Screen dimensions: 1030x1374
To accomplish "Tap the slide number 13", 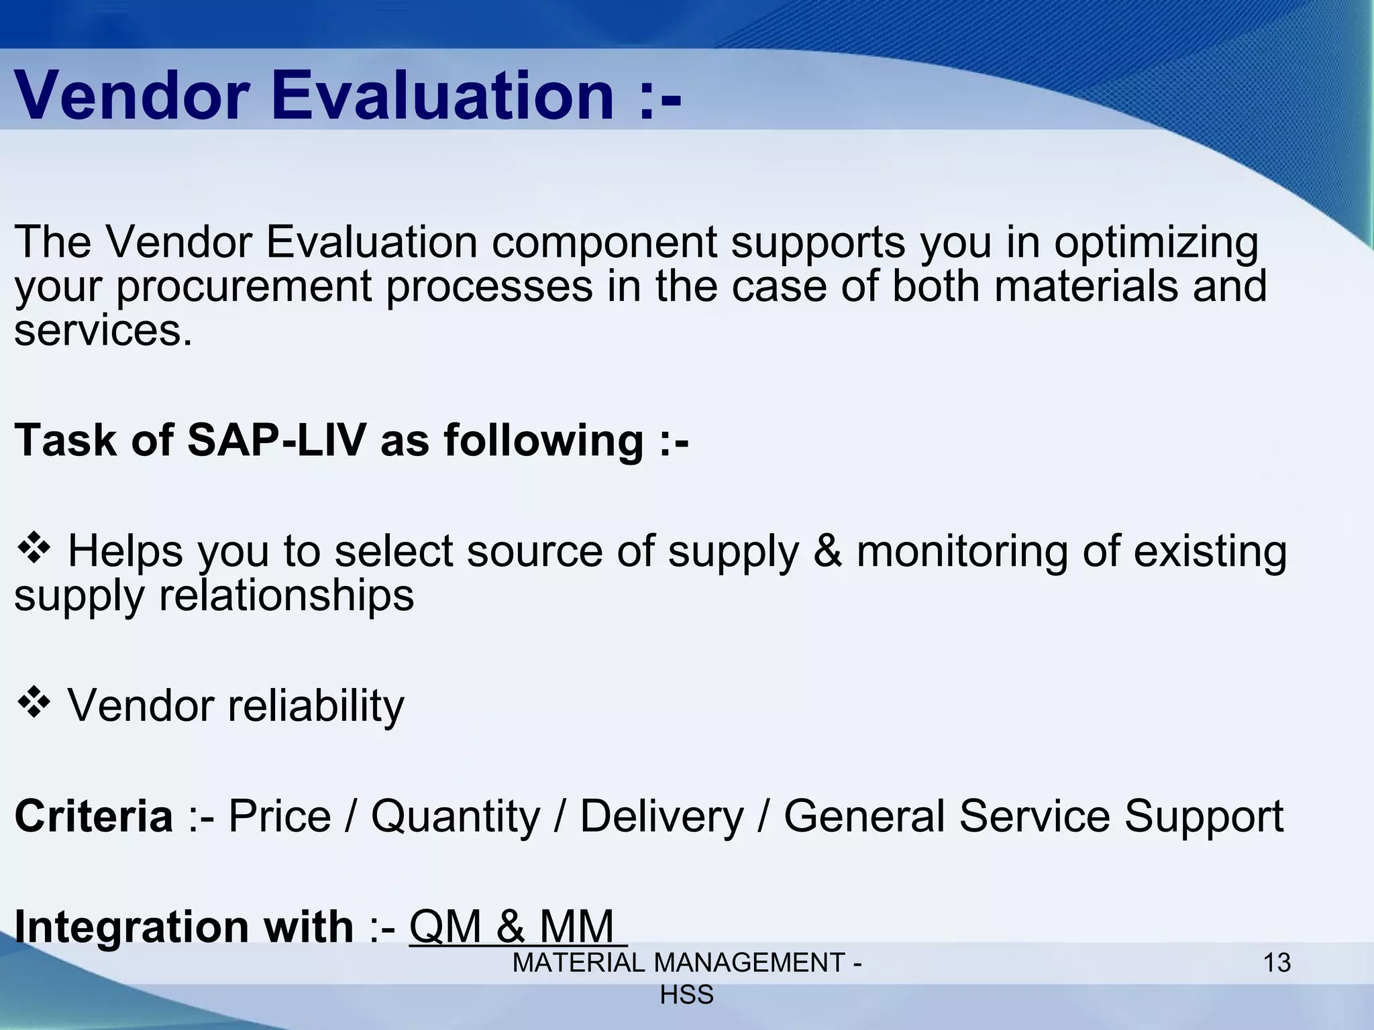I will coord(1277,963).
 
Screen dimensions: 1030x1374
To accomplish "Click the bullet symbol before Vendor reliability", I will coord(34,704).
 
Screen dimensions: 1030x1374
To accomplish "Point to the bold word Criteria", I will coord(94,816).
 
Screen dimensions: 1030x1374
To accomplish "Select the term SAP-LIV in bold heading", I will coord(276,441).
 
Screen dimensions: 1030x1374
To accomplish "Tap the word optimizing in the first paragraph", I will coord(1156,243).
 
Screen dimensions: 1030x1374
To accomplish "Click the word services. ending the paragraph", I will coord(103,331).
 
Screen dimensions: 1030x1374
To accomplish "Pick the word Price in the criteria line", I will coord(280,816).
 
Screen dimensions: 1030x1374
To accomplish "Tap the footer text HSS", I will coord(686,995).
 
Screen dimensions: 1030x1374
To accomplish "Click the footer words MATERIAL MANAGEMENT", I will coord(678,963).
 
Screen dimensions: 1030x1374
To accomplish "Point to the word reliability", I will coord(316,707).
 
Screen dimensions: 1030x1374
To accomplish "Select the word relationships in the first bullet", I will coord(286,595).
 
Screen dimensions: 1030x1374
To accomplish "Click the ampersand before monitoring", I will coord(827,552).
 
